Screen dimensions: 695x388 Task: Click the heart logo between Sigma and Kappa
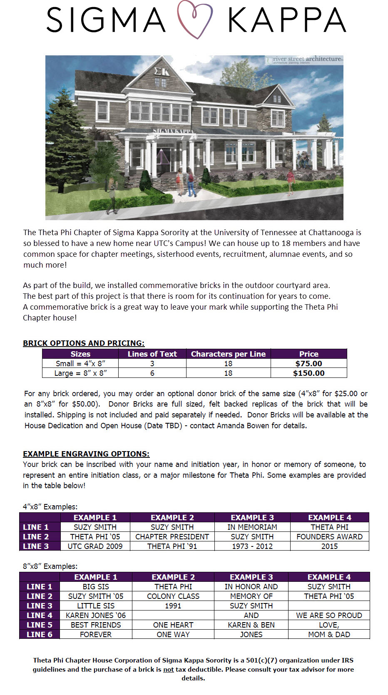[195, 20]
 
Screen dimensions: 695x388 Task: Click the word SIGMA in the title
[106, 20]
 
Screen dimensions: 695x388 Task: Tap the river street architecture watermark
[304, 60]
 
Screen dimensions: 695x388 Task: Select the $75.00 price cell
[308, 364]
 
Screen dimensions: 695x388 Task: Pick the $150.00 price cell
[308, 373]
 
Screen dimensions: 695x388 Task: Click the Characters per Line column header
[228, 354]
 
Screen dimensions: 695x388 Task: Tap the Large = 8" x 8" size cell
[80, 373]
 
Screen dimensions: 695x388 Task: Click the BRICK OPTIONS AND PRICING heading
[84, 343]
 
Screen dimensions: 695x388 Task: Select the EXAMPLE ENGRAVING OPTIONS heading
[86, 454]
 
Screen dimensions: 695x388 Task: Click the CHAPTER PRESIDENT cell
[172, 537]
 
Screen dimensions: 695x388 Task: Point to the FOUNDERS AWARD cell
[329, 537]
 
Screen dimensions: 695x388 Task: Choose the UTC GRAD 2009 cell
[95, 546]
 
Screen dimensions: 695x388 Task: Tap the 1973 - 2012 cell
[252, 546]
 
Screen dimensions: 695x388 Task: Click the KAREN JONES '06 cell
[96, 616]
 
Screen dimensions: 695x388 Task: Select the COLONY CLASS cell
[173, 596]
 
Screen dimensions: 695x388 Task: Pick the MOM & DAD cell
[329, 635]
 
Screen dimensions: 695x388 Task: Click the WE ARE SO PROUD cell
[329, 616]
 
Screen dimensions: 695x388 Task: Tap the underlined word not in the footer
[168, 670]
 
